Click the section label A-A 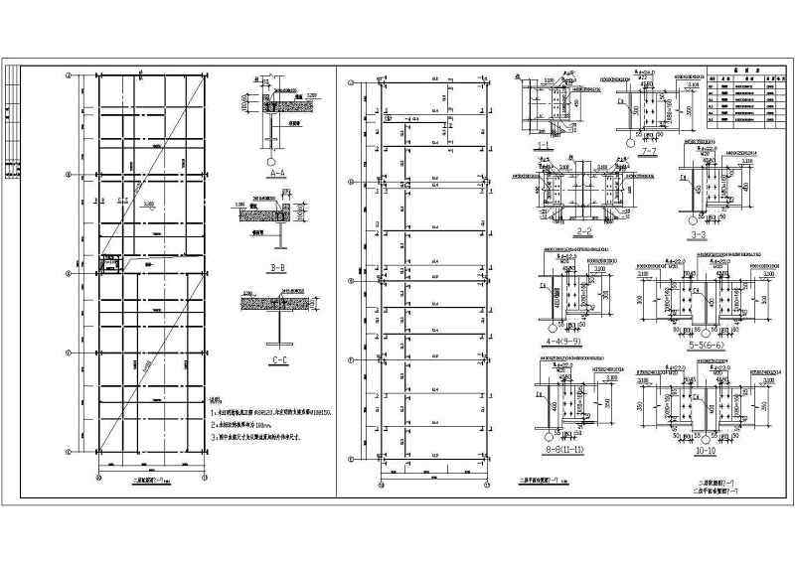point(276,173)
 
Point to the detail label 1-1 point(544,145)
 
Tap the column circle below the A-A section point(270,159)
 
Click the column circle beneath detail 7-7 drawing point(632,141)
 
